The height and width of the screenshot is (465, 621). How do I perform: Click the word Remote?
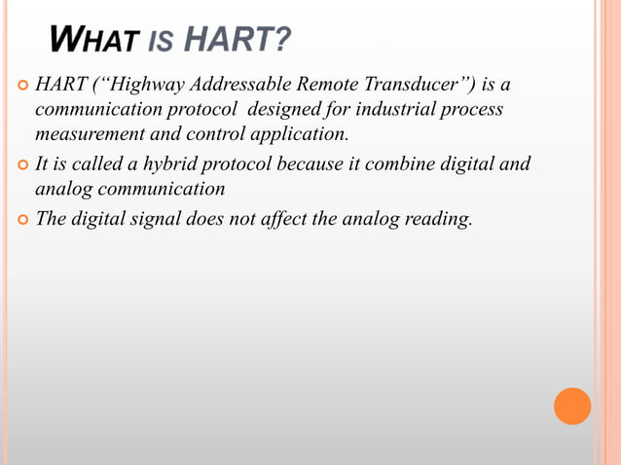pyautogui.click(x=346, y=84)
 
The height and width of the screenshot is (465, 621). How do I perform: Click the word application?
pyautogui.click(x=298, y=134)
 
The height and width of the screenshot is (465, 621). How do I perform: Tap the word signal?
pyautogui.click(x=169, y=218)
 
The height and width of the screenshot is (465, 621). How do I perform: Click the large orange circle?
pyautogui.click(x=572, y=406)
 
